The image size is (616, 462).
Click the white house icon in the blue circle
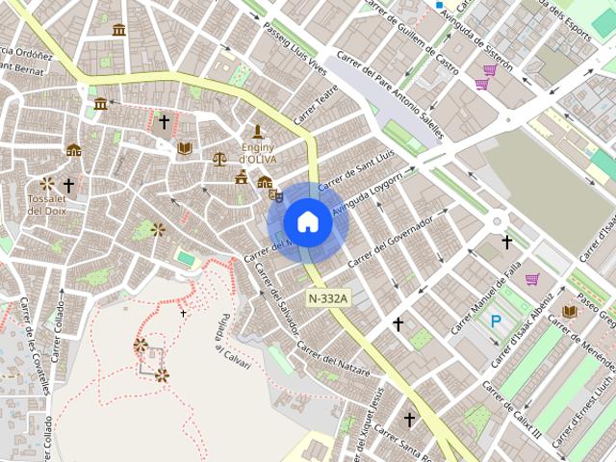click(308, 221)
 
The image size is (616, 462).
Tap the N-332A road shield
click(328, 298)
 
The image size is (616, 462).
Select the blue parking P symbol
click(496, 321)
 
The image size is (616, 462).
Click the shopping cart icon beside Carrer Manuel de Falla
click(531, 279)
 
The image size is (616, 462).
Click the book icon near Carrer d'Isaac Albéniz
click(570, 312)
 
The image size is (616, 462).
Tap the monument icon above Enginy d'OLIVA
click(257, 131)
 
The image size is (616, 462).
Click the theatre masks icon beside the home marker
click(275, 194)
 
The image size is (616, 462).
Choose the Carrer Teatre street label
click(318, 106)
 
